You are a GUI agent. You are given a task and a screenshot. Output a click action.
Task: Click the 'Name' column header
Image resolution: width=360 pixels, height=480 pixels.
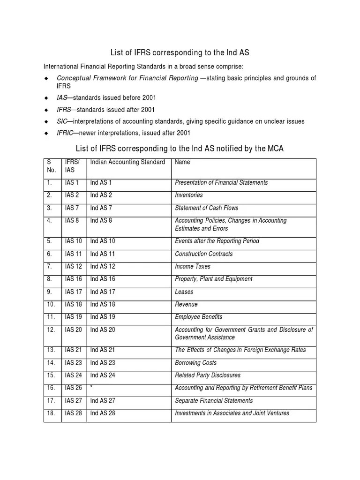182,162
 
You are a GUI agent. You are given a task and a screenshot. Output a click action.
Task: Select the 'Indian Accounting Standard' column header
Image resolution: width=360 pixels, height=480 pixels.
127,162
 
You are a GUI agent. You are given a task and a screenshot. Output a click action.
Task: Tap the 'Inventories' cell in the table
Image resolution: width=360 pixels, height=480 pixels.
189,195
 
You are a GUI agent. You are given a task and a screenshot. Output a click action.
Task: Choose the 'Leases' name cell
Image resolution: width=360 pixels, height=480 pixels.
184,292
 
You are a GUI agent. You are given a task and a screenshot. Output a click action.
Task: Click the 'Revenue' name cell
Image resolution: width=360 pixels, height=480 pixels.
186,304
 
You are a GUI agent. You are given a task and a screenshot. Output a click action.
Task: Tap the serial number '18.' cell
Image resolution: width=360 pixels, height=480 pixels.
51,413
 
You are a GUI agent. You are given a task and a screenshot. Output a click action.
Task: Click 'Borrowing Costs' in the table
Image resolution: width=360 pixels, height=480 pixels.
195,363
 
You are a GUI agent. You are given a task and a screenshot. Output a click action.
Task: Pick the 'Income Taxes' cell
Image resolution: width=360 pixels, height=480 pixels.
193,266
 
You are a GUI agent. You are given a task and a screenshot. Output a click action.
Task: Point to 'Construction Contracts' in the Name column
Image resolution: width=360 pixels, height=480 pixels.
203,254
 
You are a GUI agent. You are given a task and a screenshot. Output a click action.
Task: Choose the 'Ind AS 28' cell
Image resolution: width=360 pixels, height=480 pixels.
103,413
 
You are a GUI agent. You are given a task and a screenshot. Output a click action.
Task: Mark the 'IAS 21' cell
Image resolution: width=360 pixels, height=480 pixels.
74,350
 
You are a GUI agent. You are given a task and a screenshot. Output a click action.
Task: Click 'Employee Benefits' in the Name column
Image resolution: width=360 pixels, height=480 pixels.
198,317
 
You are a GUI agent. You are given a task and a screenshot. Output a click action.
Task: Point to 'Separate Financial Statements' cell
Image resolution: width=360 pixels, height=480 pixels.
214,400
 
